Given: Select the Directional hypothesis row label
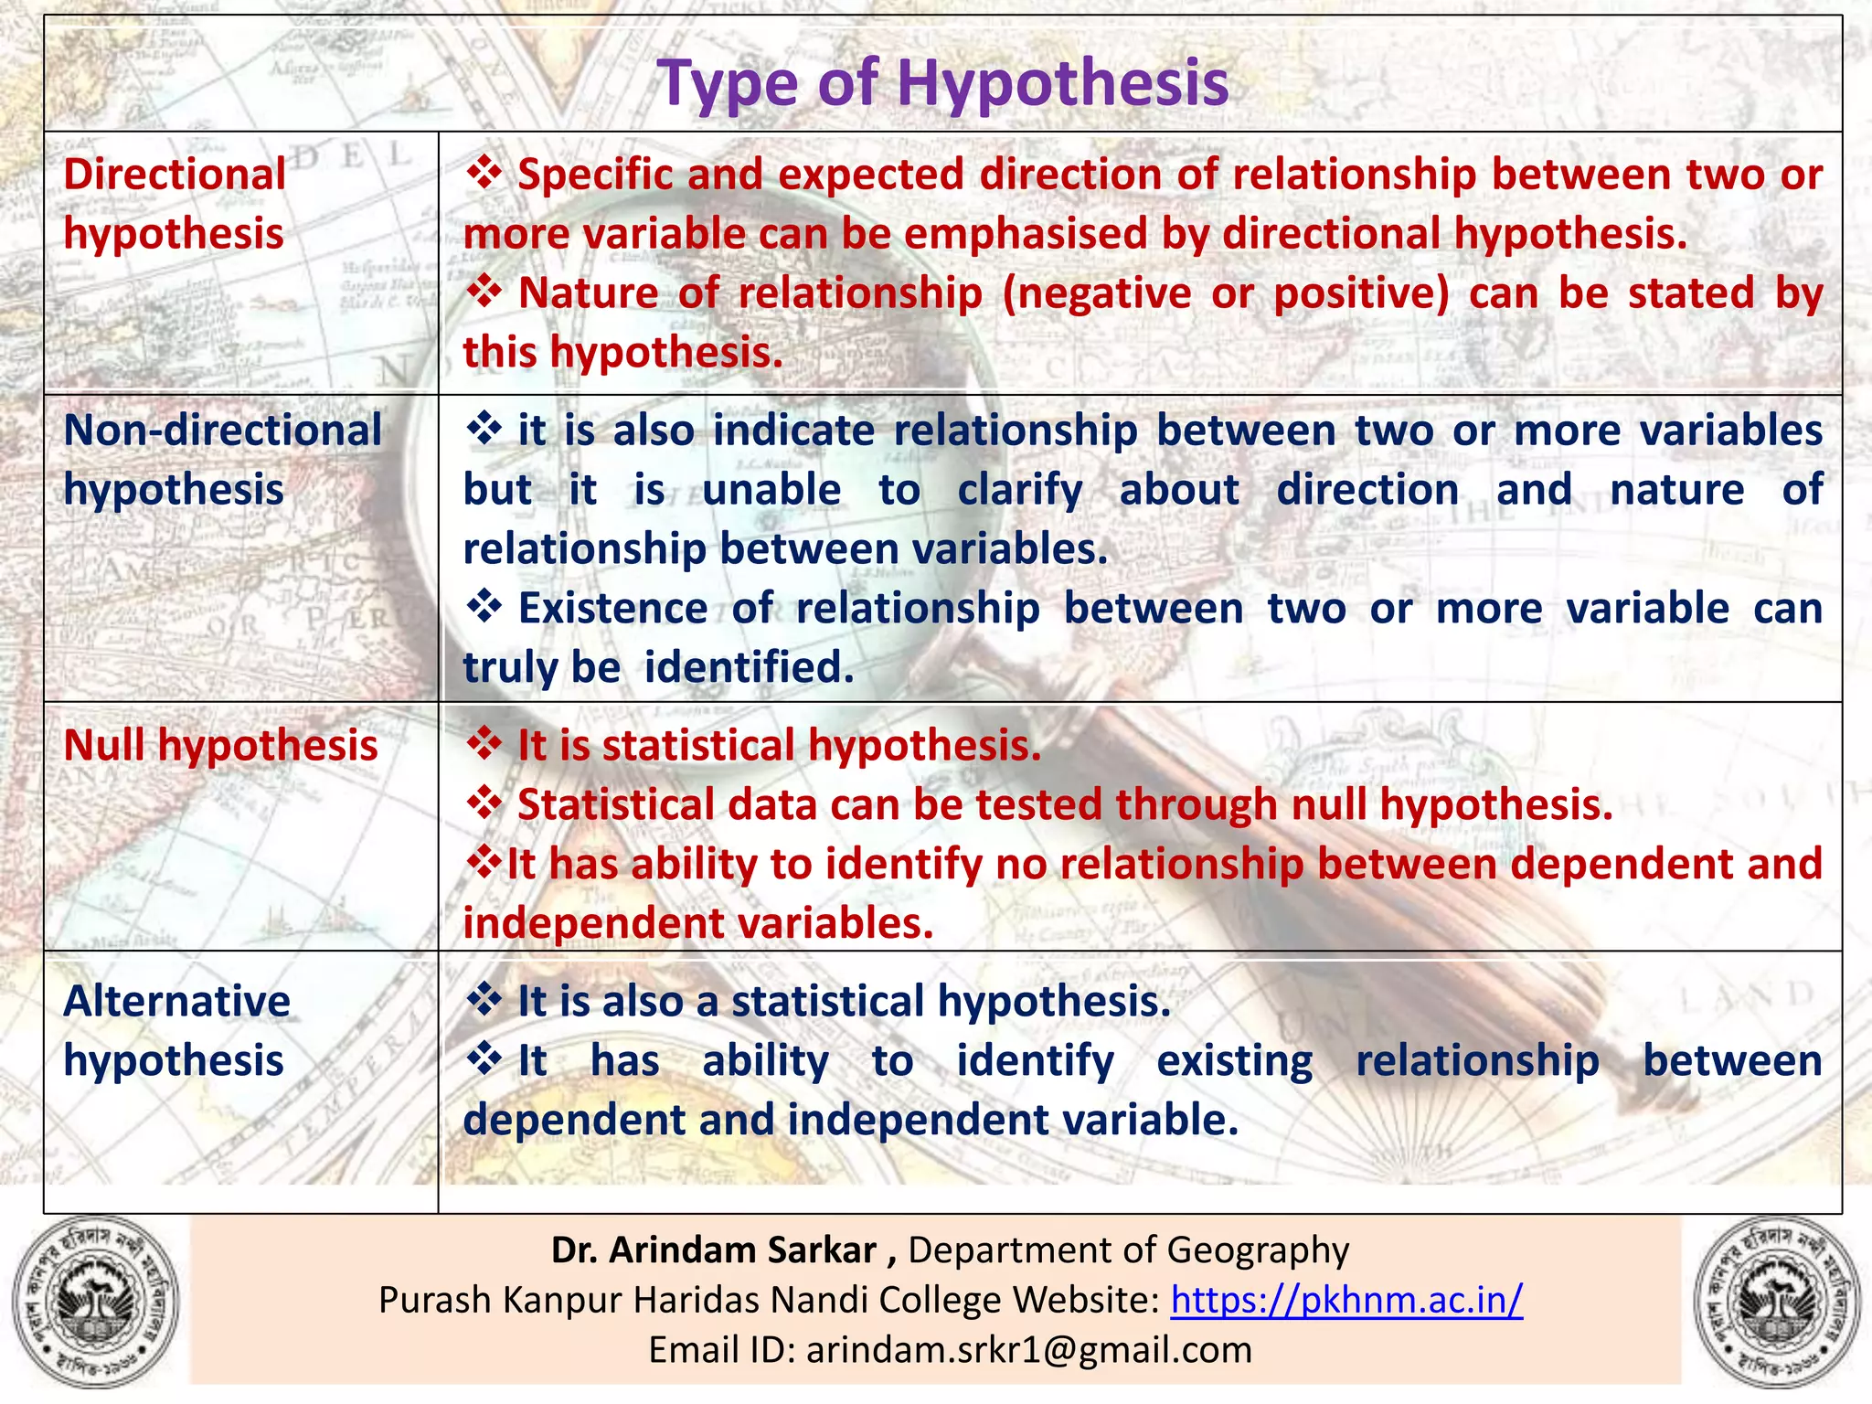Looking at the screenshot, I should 174,204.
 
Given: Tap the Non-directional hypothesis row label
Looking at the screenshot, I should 222,460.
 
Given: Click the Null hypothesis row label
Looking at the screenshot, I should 220,745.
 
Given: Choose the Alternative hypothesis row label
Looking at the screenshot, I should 176,1031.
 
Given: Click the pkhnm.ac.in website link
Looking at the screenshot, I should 1346,1299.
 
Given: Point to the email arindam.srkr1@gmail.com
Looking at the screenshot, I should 1028,1349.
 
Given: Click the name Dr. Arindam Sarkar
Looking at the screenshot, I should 714,1250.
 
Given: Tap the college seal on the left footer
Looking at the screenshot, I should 95,1300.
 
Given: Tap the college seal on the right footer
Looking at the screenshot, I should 1778,1300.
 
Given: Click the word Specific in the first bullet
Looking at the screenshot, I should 595,175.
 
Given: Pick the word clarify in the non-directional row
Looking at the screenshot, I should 1019,490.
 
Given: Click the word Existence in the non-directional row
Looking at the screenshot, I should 612,609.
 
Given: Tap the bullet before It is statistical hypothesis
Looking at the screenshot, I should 484,744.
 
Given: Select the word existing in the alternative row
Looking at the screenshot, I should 1234,1061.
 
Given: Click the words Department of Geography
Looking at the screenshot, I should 1128,1250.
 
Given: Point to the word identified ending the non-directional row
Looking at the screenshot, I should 749,667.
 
